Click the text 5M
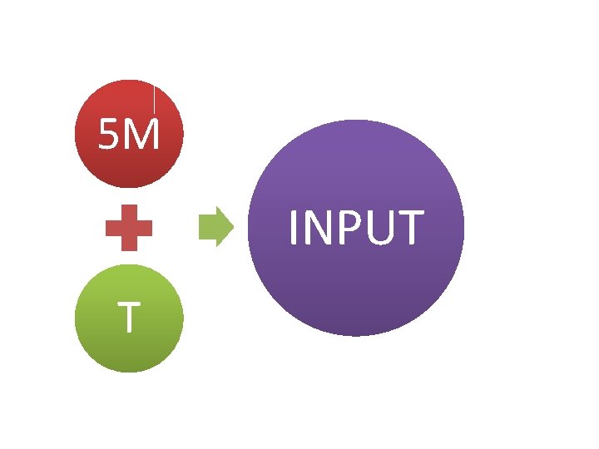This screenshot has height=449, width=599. click(129, 136)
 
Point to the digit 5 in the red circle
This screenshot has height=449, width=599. click(109, 136)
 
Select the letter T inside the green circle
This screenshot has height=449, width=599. click(127, 318)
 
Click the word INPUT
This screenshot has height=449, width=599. click(356, 229)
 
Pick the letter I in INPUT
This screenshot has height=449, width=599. click(294, 229)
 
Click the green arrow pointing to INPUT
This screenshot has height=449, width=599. click(217, 226)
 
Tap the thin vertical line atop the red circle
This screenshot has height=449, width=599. click(155, 97)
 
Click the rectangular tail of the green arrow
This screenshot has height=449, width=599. click(208, 226)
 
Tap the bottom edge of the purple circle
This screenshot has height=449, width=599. click(356, 334)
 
